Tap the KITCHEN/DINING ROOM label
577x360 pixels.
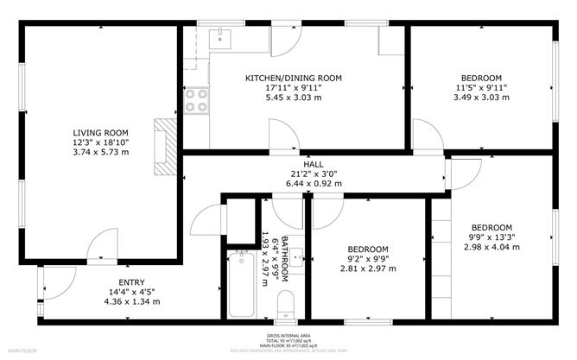(294, 78)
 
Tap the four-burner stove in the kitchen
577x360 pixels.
(198, 101)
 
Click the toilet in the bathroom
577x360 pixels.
(286, 303)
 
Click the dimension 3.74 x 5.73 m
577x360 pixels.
(100, 153)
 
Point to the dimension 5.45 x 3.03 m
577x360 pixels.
(294, 98)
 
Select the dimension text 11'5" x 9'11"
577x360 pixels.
(481, 88)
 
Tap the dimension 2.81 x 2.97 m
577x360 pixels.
(367, 268)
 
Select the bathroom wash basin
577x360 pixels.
(296, 256)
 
